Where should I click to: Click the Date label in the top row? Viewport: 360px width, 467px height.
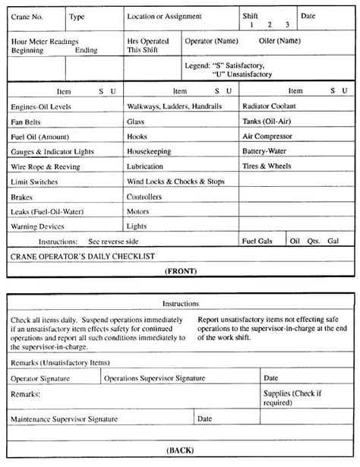(308, 16)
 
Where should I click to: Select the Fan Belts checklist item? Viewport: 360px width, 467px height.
(27, 121)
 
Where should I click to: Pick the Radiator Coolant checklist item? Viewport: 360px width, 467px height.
(269, 106)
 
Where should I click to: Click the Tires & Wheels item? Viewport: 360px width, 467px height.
(267, 166)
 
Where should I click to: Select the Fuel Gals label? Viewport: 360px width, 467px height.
(257, 241)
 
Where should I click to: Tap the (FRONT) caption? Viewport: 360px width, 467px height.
(180, 270)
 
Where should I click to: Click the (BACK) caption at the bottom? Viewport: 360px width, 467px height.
(180, 450)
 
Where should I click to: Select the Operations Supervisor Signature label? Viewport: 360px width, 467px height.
(156, 377)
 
